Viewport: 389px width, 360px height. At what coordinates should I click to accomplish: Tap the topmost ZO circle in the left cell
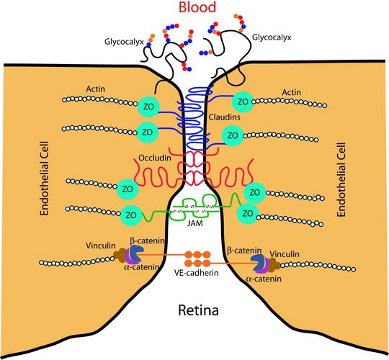148,104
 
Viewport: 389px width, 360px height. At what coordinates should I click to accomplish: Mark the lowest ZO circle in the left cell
132,215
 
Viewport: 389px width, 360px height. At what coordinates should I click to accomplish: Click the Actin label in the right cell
292,92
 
